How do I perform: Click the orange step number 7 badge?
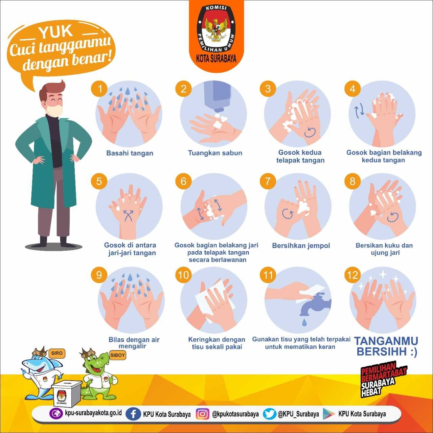click(x=268, y=181)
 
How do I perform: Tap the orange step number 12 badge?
click(x=352, y=275)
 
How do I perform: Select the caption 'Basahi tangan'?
click(x=130, y=153)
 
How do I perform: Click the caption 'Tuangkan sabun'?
click(x=215, y=153)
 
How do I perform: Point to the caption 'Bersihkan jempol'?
click(x=301, y=246)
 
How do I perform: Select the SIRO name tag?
click(x=56, y=353)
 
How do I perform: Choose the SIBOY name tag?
click(x=117, y=355)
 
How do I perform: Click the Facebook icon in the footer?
click(x=133, y=414)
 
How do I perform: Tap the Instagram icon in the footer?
click(x=202, y=414)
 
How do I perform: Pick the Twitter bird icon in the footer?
click(x=269, y=414)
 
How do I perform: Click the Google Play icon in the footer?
click(x=328, y=414)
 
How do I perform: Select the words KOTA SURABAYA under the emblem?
click(x=216, y=59)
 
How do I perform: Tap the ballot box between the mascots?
click(x=67, y=393)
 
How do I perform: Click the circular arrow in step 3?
click(x=310, y=132)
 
